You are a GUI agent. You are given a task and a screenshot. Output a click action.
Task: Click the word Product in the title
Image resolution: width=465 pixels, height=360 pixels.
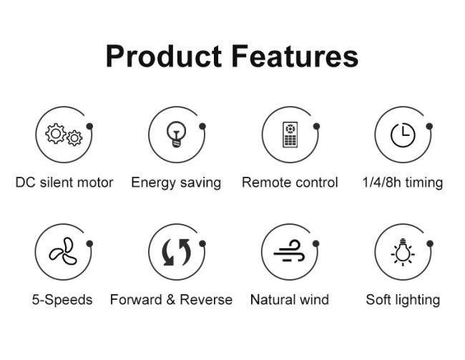click(164, 57)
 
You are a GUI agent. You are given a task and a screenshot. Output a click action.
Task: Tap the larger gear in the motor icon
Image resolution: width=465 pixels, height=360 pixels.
click(56, 134)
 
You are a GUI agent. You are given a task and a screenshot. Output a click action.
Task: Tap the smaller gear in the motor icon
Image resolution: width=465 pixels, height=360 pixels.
click(74, 138)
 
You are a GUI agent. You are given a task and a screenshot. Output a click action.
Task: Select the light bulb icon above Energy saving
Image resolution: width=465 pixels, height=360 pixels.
click(177, 134)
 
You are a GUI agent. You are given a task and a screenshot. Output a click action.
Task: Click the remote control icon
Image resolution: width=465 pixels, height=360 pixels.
click(290, 135)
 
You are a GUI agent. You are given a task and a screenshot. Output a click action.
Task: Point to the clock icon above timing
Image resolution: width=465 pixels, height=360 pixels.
click(403, 135)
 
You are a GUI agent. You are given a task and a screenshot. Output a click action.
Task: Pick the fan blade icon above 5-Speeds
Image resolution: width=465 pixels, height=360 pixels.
click(64, 251)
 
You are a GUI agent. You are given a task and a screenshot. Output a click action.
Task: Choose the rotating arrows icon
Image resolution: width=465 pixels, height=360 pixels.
click(177, 252)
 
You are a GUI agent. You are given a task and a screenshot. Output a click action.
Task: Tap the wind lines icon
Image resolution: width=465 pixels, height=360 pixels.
click(289, 251)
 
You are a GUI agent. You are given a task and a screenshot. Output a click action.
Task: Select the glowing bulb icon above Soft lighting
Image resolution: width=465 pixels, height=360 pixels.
click(403, 252)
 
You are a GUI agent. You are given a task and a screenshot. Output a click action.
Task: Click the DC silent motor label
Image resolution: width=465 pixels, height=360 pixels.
click(64, 183)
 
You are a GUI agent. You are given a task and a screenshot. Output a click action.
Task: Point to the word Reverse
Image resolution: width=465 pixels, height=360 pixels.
click(206, 299)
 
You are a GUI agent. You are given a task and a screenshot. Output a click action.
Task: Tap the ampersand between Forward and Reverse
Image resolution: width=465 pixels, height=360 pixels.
click(170, 299)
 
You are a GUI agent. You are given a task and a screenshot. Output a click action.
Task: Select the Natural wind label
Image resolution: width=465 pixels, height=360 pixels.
click(290, 299)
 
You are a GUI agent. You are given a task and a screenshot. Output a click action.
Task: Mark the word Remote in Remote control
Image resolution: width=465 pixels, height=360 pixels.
click(267, 183)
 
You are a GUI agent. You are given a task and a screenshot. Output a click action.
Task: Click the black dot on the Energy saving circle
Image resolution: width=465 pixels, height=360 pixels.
click(202, 127)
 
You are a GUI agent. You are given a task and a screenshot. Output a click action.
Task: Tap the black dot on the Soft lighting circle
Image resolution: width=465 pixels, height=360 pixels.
click(430, 244)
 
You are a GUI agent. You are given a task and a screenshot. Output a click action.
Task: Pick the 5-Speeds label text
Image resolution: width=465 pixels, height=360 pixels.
click(62, 300)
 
